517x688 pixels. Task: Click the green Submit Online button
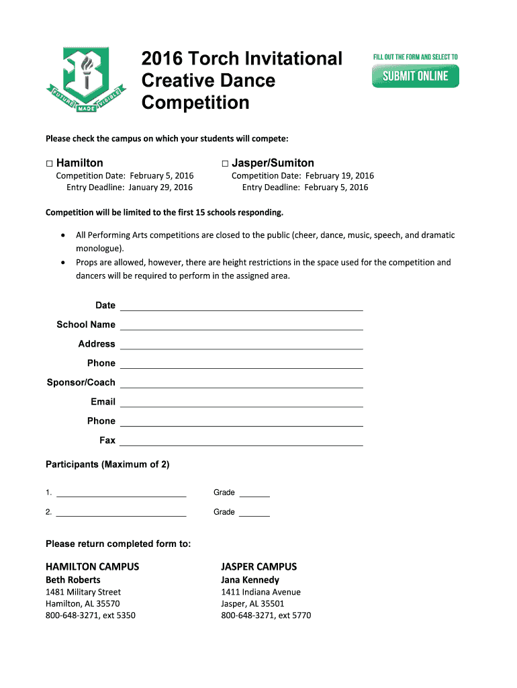415,76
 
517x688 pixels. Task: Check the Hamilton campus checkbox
49,163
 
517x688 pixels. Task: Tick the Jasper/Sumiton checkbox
225,163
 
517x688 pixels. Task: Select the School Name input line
241,325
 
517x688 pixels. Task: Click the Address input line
241,344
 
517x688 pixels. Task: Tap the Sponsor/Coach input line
241,382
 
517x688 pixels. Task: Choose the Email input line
241,402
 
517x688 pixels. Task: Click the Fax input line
241,441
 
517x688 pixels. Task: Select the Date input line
241,306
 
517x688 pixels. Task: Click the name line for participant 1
121,493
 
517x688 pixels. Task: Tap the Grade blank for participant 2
254,513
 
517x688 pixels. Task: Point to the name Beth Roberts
73,580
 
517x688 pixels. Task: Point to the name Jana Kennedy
250,580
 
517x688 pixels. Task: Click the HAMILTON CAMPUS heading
92,566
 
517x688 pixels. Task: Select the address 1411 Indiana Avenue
261,592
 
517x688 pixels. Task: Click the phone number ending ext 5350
90,615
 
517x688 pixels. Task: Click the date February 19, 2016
339,176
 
